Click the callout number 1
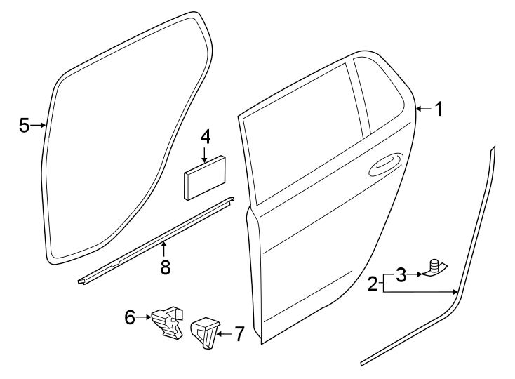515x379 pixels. (439, 109)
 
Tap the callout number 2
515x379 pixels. (373, 284)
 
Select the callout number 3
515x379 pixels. (400, 274)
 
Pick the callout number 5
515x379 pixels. (25, 126)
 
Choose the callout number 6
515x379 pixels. (130, 318)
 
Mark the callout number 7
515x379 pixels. (239, 334)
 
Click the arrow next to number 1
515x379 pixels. (422, 109)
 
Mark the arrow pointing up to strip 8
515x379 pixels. (165, 248)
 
